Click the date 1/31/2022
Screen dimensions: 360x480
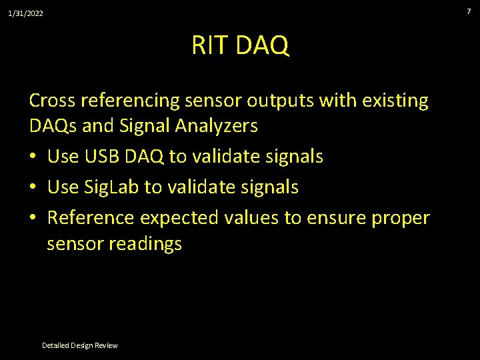click(25, 13)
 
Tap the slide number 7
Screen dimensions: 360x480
click(468, 11)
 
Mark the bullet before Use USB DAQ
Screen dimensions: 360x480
click(34, 157)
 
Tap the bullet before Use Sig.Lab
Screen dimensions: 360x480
click(34, 188)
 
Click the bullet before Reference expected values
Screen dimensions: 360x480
click(34, 218)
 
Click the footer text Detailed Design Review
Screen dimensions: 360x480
click(79, 345)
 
